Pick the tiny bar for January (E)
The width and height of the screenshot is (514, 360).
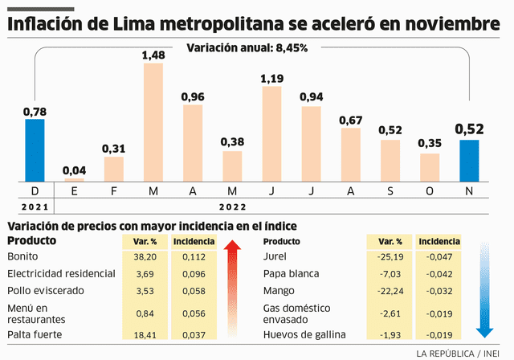(74, 179)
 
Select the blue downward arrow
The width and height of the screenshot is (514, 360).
(483, 289)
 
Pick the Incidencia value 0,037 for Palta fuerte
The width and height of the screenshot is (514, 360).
(193, 333)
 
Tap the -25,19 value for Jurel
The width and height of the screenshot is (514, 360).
(390, 256)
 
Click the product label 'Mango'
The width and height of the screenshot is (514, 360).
(280, 290)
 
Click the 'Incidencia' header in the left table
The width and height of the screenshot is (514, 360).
(193, 241)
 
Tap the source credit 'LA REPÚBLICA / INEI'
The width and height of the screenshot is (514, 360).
(459, 353)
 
